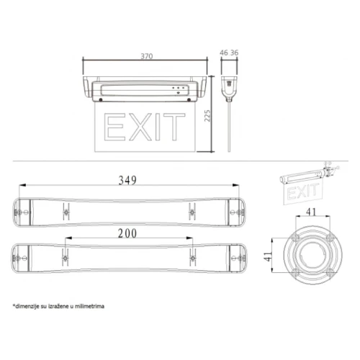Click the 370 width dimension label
(146, 56)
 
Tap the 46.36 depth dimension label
(229, 53)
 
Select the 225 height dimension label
(207, 116)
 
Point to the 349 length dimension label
(127, 180)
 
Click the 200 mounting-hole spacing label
(127, 233)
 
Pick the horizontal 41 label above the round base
(311, 212)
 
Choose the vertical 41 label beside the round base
(268, 256)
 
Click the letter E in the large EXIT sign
(114, 127)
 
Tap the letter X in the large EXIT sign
(141, 127)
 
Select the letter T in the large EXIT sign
(174, 127)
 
